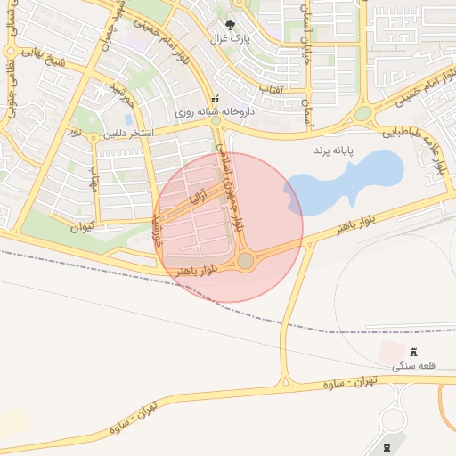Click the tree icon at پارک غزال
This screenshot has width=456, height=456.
point(231,26)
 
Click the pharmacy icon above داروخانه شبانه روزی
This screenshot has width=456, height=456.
point(213,100)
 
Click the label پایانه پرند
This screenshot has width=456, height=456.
point(333,152)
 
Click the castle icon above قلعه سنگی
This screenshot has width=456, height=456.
point(413,352)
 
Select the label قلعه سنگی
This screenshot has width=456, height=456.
point(412,365)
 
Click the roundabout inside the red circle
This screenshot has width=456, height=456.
point(246,260)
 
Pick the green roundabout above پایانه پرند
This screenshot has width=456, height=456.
point(362,113)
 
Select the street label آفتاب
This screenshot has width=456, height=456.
point(271,90)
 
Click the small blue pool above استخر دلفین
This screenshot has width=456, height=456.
point(130,118)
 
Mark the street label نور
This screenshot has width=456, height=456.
point(77,132)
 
